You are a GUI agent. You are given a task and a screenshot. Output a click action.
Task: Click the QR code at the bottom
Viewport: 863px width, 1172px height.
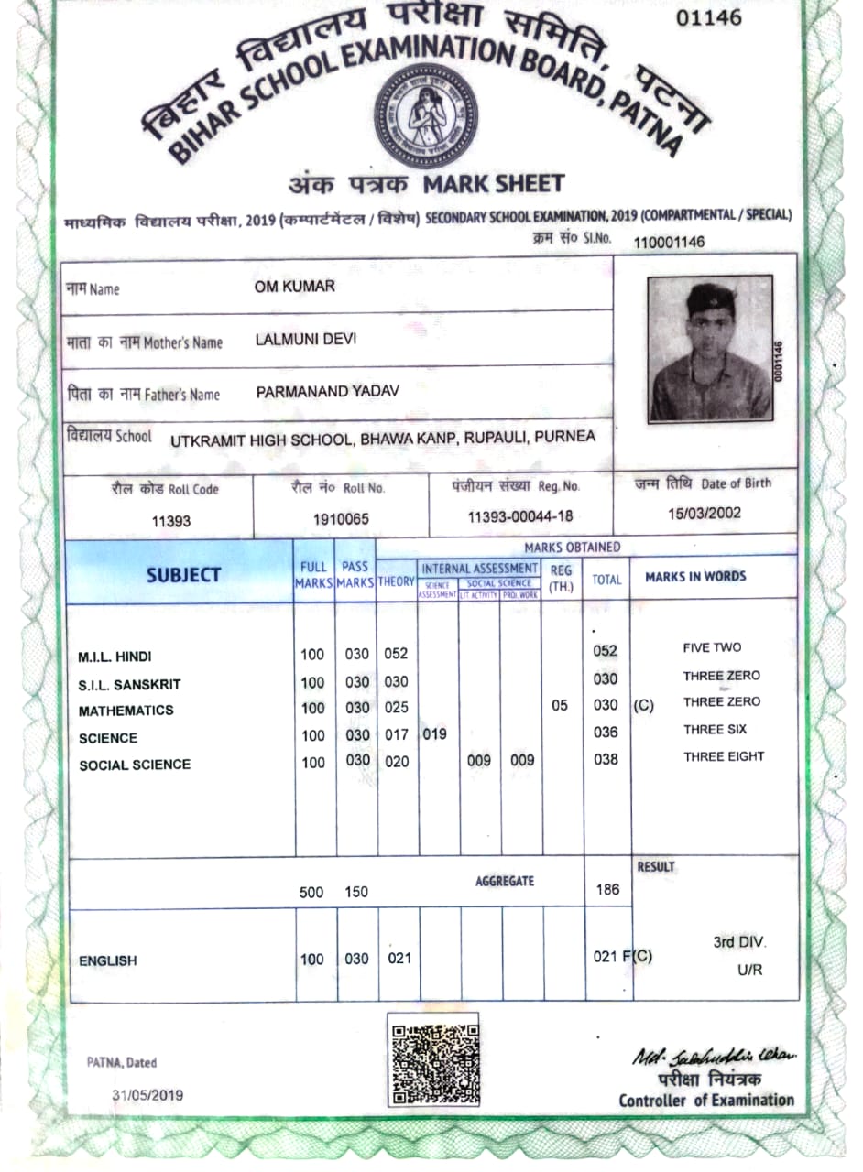click(x=434, y=1061)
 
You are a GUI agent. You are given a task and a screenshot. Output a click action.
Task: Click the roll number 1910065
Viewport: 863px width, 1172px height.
click(x=341, y=518)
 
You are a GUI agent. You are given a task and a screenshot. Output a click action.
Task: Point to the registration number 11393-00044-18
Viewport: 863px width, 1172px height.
click(x=520, y=517)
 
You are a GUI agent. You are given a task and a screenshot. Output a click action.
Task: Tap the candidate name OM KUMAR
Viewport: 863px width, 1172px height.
click(x=294, y=287)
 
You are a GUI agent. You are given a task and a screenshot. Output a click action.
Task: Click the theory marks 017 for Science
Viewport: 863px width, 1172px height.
click(x=396, y=733)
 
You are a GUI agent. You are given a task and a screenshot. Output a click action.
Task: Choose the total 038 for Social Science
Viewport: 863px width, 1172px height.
click(x=606, y=759)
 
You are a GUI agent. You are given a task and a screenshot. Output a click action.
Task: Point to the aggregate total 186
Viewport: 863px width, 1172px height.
click(x=606, y=888)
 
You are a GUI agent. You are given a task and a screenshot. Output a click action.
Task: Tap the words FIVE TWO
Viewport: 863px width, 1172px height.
click(x=712, y=647)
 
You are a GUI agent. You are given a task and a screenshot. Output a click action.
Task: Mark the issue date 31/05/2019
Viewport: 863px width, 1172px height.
click(x=147, y=1094)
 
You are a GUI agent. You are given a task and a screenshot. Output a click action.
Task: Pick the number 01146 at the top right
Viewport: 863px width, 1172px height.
click(x=709, y=17)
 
